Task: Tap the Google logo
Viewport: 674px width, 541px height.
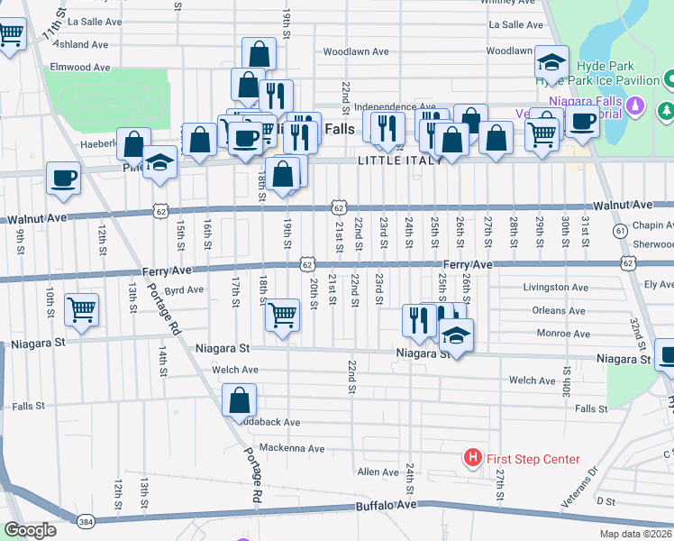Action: [x=30, y=530]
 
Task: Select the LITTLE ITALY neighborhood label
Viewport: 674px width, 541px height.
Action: [x=400, y=160]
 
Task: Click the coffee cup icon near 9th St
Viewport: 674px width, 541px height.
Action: [x=63, y=178]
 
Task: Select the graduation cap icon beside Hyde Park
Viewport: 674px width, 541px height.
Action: [x=551, y=62]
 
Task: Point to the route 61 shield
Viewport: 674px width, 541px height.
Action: [x=620, y=232]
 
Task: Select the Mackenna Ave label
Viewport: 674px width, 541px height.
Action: [x=291, y=448]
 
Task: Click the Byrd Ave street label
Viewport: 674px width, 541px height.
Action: [x=184, y=290]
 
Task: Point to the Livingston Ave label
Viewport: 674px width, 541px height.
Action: [x=555, y=288]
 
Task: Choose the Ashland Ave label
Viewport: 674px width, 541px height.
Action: [x=81, y=44]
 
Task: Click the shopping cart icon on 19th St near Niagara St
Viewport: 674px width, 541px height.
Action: [x=283, y=316]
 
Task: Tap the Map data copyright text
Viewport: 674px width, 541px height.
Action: [x=634, y=534]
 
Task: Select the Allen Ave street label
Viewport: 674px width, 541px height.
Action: [x=378, y=472]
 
